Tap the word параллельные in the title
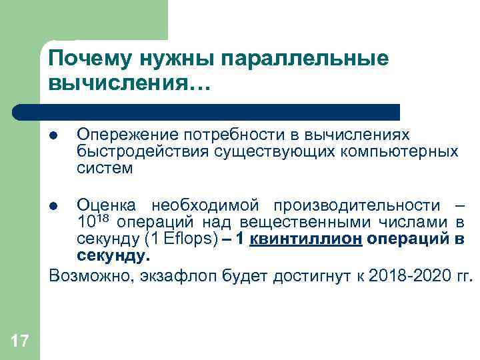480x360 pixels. (309, 59)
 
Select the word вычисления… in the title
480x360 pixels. (129, 85)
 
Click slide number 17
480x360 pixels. (20, 342)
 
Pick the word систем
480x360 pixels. (105, 168)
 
